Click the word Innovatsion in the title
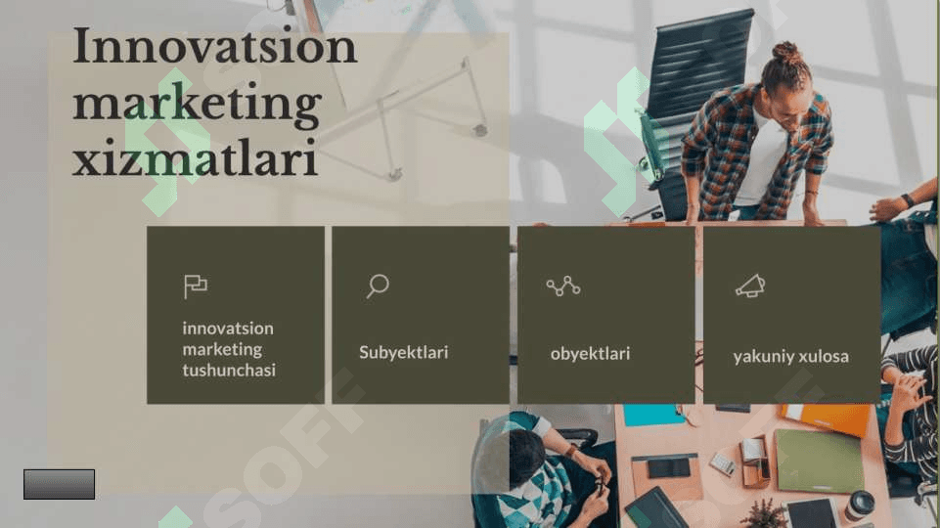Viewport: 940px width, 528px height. (214, 46)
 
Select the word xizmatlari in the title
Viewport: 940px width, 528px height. (195, 158)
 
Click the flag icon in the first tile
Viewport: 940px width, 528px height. (196, 286)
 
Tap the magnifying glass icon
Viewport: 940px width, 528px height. (378, 286)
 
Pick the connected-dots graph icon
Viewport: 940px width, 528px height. (562, 286)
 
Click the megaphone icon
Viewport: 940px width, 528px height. (750, 286)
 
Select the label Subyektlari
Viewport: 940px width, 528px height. (403, 352)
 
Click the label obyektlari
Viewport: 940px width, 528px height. (590, 354)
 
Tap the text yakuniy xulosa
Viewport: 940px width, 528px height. (790, 357)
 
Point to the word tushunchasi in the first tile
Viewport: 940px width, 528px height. (229, 370)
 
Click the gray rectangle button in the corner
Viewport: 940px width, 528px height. (59, 484)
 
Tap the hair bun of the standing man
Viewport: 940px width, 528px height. (785, 54)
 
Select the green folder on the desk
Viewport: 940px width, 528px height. (820, 461)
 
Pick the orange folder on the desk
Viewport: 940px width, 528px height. (827, 418)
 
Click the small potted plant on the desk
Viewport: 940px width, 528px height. (764, 513)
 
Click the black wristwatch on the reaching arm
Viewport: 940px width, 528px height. (907, 200)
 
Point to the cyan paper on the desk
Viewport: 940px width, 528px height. (653, 415)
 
